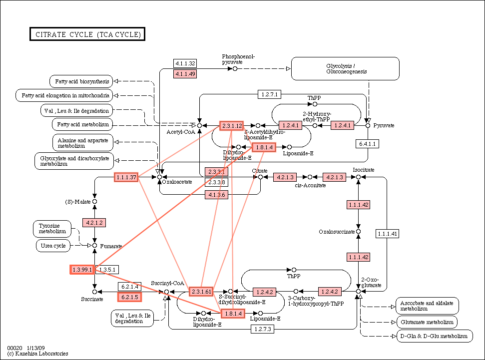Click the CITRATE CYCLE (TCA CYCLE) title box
(87, 34)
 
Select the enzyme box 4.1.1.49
(184, 74)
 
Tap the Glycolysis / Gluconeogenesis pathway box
(345, 68)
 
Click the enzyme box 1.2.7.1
(270, 94)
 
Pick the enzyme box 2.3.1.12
(232, 125)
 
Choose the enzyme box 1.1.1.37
(126, 177)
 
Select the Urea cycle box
(53, 246)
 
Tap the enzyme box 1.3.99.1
(82, 270)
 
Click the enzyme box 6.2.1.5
(128, 297)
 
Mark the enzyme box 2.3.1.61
(201, 291)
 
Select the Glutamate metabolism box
(426, 322)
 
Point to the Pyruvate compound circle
(368, 125)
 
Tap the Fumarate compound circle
(94, 246)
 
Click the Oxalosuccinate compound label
(337, 232)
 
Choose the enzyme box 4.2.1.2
(94, 222)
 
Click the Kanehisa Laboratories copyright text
(38, 354)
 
